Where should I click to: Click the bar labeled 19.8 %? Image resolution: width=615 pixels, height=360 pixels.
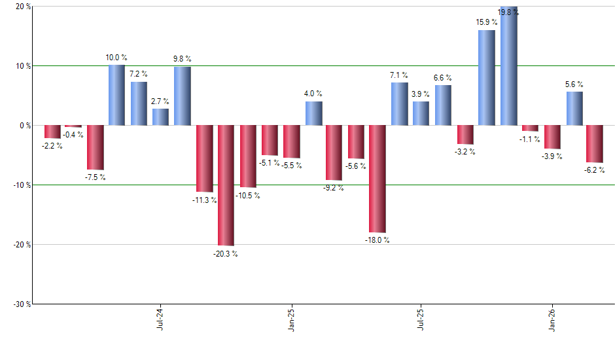click(509, 66)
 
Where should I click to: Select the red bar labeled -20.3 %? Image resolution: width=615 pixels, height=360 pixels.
click(226, 185)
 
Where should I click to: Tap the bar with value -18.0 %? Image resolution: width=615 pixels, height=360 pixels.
click(378, 179)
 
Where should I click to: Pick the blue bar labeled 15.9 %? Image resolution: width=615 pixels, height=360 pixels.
click(487, 77)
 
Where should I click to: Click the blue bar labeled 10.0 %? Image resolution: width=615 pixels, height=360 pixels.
click(117, 95)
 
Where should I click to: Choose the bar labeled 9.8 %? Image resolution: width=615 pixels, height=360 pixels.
click(183, 96)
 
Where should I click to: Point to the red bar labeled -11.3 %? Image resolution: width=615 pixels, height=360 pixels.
click(204, 158)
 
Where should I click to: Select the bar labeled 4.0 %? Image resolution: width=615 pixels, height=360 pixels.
click(313, 113)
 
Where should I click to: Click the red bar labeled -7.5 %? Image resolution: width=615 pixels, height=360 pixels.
click(96, 147)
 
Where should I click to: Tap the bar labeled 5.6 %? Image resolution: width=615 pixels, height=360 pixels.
click(574, 108)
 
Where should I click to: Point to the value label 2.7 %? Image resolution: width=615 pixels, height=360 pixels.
click(160, 101)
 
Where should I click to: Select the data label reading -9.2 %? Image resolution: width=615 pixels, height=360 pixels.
click(334, 188)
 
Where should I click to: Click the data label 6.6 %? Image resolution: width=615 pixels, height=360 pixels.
click(443, 78)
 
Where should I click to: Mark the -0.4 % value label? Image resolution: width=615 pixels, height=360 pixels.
click(73, 135)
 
